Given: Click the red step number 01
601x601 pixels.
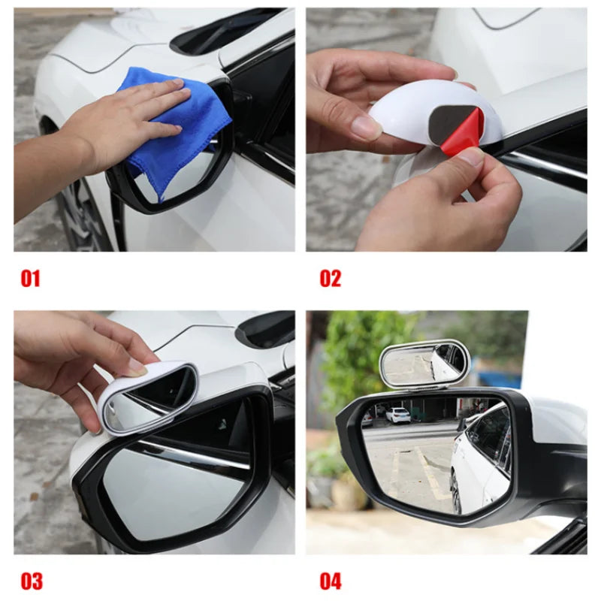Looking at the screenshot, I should (30, 279).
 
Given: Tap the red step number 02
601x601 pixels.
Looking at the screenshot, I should (331, 279).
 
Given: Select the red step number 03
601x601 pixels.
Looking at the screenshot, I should (31, 581).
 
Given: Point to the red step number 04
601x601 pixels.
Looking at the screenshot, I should (331, 581).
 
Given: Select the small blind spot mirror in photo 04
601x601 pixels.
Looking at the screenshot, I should (424, 364).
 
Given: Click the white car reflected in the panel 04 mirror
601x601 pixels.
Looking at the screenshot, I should (481, 458).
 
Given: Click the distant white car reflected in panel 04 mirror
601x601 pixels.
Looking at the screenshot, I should (398, 415).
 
